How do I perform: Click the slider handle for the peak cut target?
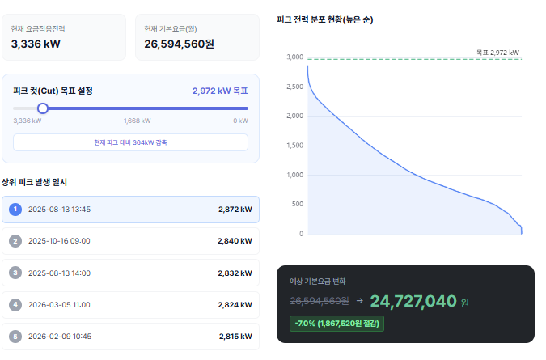pos(43,108)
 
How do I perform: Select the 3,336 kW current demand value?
pos(36,44)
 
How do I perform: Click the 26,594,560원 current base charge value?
pos(179,44)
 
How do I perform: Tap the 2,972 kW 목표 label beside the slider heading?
pos(220,91)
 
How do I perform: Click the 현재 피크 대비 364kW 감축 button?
pos(130,142)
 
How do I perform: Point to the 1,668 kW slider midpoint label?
pos(137,121)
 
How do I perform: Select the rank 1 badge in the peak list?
pos(15,210)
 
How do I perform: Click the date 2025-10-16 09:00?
pos(59,241)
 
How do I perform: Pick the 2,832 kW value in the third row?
pos(235,273)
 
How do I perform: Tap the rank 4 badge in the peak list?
pos(15,305)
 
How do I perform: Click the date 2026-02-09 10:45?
pos(59,337)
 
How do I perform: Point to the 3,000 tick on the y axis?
pos(294,57)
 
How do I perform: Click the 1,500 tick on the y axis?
pos(294,146)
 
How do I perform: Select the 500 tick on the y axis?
pos(298,205)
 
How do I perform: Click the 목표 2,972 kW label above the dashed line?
pos(497,53)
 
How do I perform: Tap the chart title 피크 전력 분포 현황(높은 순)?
pos(324,19)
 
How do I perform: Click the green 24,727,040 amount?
pos(413,302)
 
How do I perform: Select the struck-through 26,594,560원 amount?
pos(320,302)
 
